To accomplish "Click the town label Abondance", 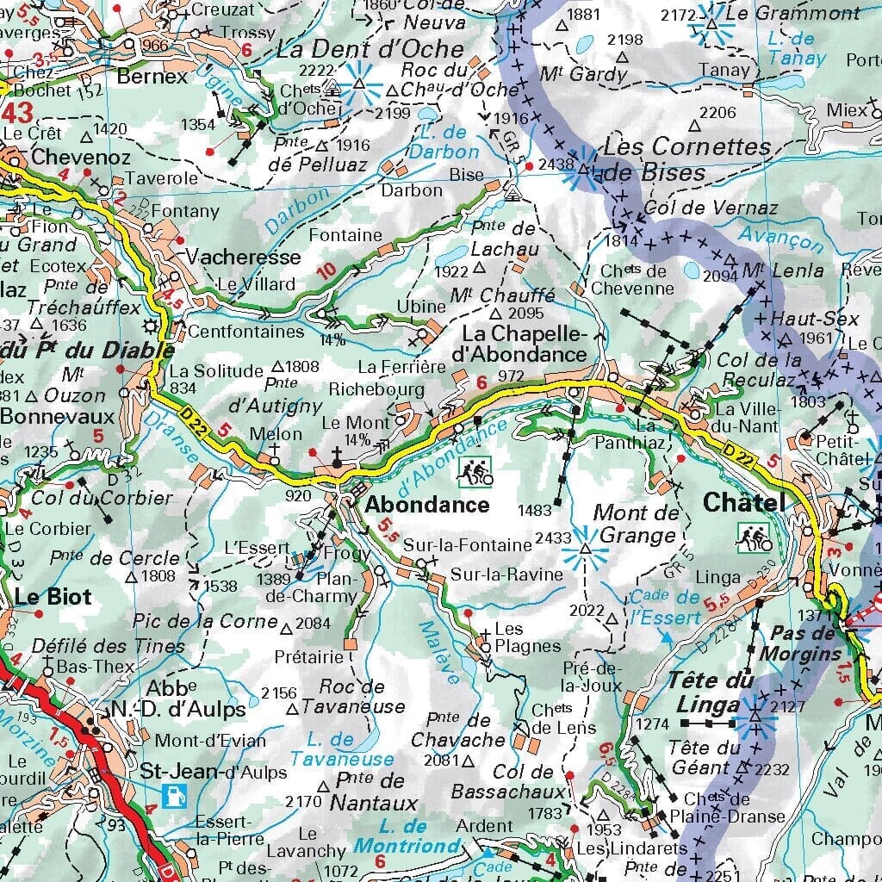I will pos(426,505).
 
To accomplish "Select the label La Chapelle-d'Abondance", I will pos(525,344).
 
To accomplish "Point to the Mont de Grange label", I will pos(636,525).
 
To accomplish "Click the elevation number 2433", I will pos(552,537).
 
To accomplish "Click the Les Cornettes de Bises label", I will pos(674,158).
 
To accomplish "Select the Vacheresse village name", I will pos(244,257).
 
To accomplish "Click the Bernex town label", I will pos(152,76).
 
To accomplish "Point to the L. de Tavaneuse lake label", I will pos(342,749).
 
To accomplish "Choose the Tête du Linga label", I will pos(711,692).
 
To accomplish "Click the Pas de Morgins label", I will pos(803,643).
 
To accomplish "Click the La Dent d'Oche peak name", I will pos(370,49).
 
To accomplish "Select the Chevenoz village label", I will pos(81,157).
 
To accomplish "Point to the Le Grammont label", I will pos(792,13).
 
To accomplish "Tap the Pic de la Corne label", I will pos(206,621).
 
